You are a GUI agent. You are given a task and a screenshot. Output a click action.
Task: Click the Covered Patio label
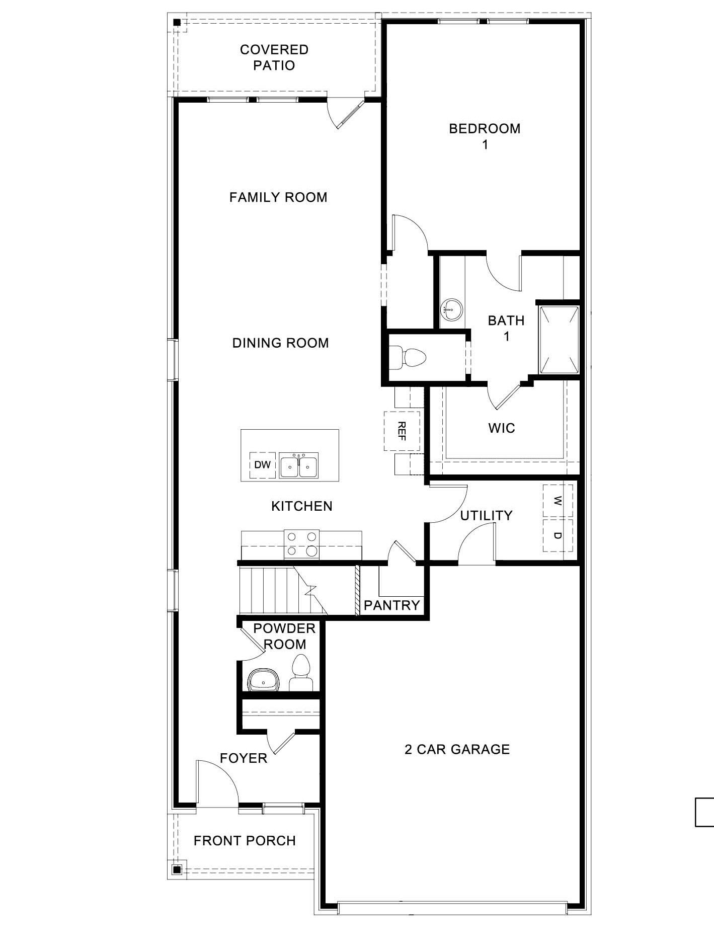click(274, 57)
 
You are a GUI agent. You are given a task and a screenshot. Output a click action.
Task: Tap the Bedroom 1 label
click(485, 136)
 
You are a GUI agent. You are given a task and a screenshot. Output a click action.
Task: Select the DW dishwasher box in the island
click(262, 465)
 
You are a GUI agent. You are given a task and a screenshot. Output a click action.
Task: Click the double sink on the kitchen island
click(298, 466)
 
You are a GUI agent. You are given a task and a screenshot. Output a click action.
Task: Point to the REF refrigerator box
click(402, 431)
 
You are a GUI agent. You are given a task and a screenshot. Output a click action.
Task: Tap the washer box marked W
click(558, 501)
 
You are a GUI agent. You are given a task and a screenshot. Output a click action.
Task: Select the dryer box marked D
click(558, 535)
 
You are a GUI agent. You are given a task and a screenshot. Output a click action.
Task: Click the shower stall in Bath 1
click(559, 339)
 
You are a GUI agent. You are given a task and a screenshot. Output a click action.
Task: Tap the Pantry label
click(391, 605)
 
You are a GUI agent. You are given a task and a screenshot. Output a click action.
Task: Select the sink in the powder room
click(264, 681)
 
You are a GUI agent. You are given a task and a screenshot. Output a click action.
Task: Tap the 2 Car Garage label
click(457, 750)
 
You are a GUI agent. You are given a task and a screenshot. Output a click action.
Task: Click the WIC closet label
click(501, 428)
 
